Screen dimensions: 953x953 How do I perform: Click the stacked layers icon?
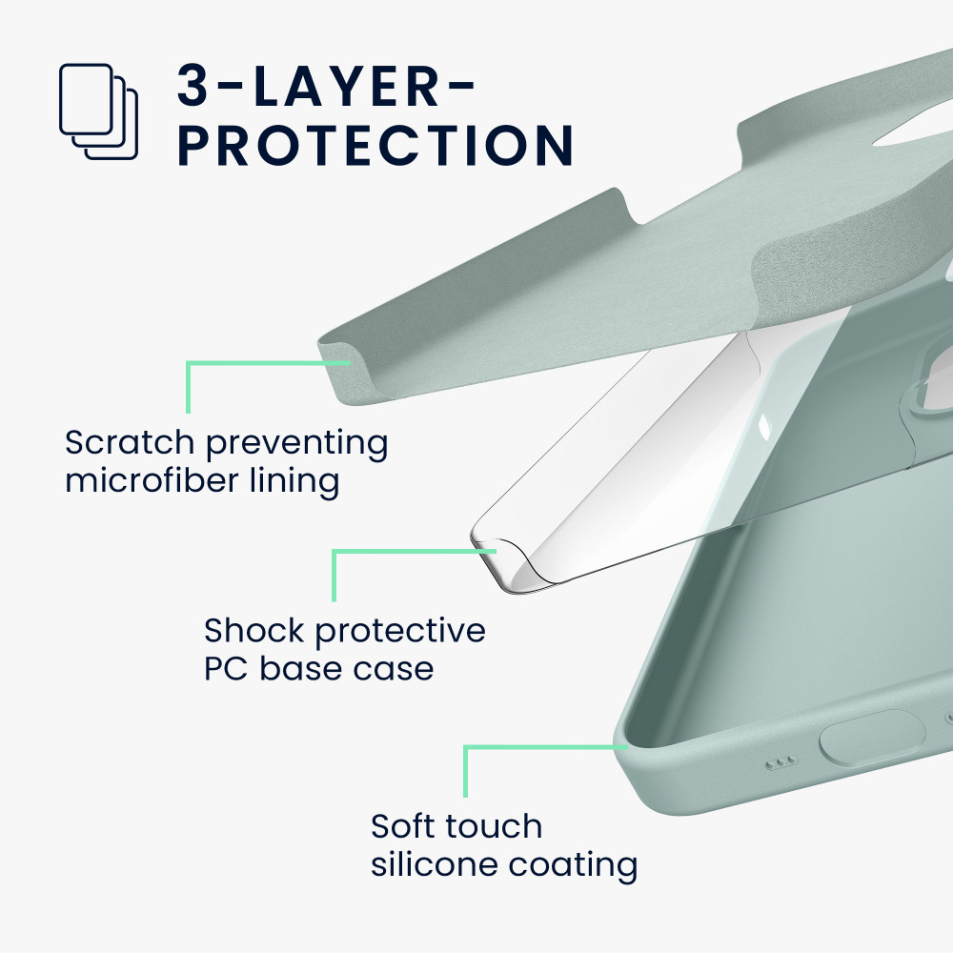[x=98, y=112]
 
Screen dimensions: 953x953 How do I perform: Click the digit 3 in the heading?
[x=193, y=86]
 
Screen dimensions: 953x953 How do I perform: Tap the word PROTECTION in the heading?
[x=375, y=145]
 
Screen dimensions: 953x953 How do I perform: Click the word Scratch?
[x=130, y=442]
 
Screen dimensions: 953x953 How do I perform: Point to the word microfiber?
[x=152, y=480]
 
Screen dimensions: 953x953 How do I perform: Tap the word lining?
[x=294, y=481]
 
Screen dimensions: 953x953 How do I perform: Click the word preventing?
[x=297, y=444]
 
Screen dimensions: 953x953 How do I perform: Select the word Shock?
[x=253, y=630]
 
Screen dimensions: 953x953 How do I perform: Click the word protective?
[x=400, y=632]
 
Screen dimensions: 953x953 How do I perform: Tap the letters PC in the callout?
[x=226, y=669]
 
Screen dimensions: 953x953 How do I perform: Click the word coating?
[x=573, y=866]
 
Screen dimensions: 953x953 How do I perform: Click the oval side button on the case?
[x=872, y=737]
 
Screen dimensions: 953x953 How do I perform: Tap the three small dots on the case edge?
[x=781, y=762]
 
